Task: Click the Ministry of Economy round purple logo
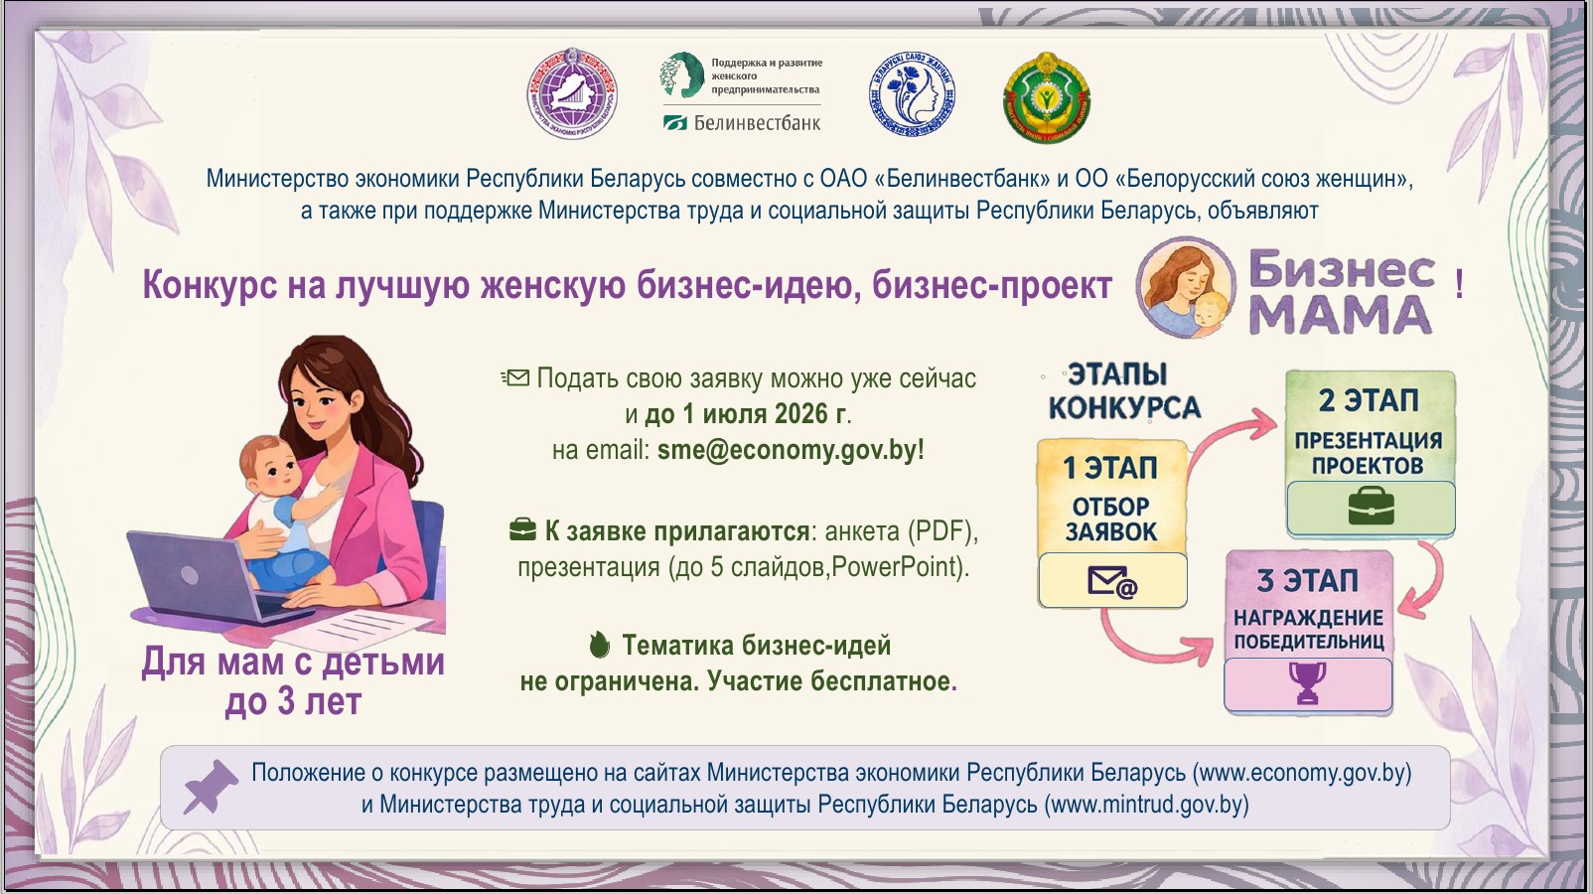(x=572, y=93)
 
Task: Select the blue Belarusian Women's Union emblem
(x=913, y=94)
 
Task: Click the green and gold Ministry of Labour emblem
(x=1046, y=97)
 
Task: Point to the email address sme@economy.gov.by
(x=788, y=450)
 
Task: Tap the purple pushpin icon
(x=211, y=787)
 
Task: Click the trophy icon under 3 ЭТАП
(x=1308, y=683)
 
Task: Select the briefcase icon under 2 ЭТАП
(x=1372, y=507)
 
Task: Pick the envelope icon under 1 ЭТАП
(x=1112, y=582)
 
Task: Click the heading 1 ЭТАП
(x=1110, y=468)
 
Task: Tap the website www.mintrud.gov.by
(x=1146, y=805)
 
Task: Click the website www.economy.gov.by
(x=1301, y=773)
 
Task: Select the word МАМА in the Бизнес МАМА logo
(x=1340, y=314)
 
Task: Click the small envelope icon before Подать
(x=515, y=377)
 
